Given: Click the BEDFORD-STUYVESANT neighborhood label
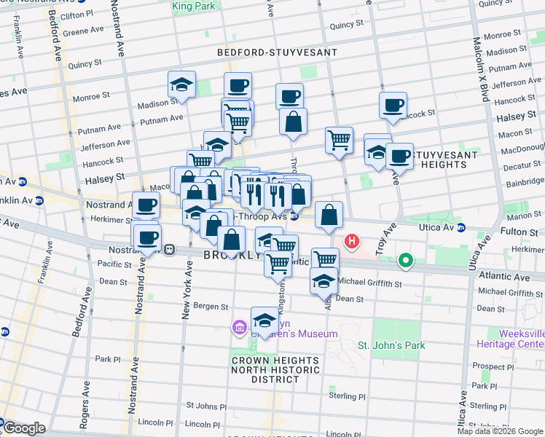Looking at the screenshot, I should tap(277, 52).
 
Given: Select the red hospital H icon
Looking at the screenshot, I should tap(353, 241).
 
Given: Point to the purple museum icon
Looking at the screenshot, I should tap(239, 328).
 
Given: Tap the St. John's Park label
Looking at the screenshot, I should tap(391, 345).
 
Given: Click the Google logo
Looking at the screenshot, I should tap(23, 428).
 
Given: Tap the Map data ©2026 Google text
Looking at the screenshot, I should tap(500, 431).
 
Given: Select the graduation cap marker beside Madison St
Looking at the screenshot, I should tap(181, 86).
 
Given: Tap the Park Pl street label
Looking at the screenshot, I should tap(107, 359).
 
